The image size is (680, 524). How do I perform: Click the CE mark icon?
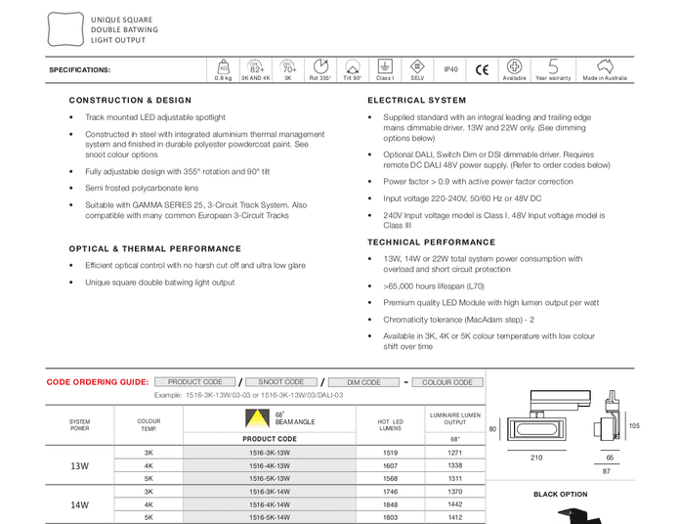coord(482,69)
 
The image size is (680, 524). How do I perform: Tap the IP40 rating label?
coord(450,69)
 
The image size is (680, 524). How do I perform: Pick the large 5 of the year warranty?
coord(553,65)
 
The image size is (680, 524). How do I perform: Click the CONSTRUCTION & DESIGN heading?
coord(130,101)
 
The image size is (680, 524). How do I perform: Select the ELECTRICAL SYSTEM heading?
coord(417,101)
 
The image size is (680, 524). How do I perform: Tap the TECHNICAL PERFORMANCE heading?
coord(431,242)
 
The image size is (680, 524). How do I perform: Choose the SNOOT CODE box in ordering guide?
coord(281,382)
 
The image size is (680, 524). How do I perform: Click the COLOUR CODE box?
coord(447,382)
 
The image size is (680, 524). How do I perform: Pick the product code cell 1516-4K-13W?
coord(270,466)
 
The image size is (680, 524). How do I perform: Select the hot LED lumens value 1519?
coord(390,454)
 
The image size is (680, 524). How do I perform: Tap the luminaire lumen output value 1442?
coord(455,504)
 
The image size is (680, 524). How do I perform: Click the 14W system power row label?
coord(80,504)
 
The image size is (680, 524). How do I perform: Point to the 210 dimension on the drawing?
coord(536,458)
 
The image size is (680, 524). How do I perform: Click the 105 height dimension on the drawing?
coord(633,426)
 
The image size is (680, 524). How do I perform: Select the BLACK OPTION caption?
coord(560,495)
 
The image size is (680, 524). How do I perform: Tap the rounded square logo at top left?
coord(64,29)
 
